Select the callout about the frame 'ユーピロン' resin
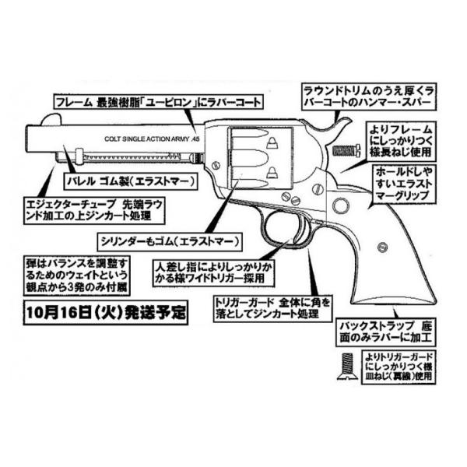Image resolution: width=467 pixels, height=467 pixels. pos(161,102)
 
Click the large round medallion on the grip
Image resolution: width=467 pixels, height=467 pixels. pos(340,205)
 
